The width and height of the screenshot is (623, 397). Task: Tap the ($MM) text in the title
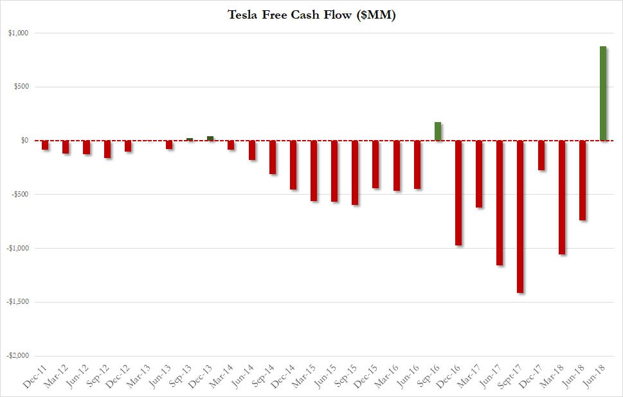[x=376, y=14]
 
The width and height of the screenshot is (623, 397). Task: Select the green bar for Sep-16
[x=438, y=131]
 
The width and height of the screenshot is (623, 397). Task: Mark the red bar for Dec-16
[x=458, y=193]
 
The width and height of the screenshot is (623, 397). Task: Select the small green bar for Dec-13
[x=210, y=138]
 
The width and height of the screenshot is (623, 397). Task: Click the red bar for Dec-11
[x=45, y=145]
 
